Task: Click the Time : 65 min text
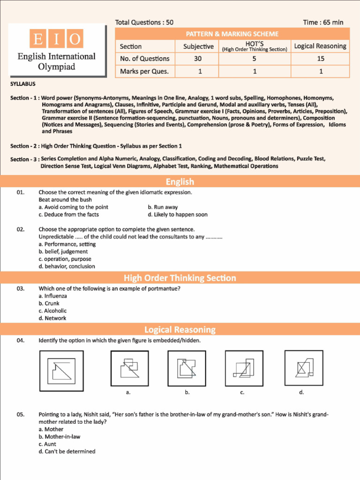(x=323, y=22)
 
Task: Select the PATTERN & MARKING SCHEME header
(x=232, y=34)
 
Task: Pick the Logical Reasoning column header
(x=320, y=46)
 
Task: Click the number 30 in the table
(x=198, y=59)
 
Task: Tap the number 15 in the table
(x=320, y=59)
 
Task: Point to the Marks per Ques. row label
(x=144, y=72)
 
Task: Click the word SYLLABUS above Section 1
(x=23, y=84)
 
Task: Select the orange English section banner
(x=180, y=182)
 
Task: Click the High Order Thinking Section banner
(x=180, y=278)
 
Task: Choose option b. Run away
(x=163, y=207)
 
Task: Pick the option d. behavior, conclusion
(x=67, y=266)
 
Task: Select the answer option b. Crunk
(x=49, y=303)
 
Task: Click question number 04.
(x=21, y=340)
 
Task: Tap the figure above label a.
(x=129, y=368)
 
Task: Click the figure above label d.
(x=301, y=368)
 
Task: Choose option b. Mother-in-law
(x=59, y=436)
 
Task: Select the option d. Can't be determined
(x=67, y=451)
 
